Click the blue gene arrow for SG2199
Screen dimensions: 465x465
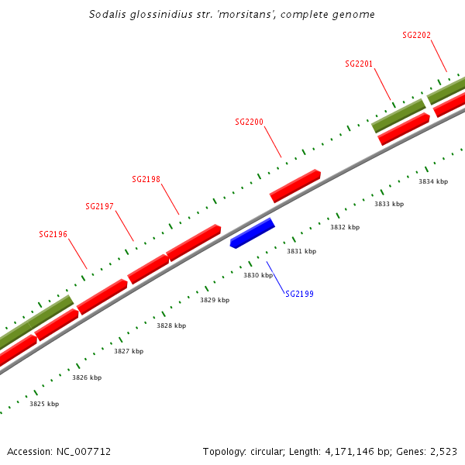point(253,232)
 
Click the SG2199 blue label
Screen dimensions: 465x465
point(299,294)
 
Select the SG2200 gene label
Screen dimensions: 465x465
point(249,122)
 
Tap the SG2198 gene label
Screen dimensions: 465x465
point(146,180)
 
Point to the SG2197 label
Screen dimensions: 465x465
point(99,207)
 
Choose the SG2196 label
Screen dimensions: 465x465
point(53,234)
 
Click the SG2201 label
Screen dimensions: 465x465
point(359,64)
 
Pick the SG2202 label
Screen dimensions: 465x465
point(417,36)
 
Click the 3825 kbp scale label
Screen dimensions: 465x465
point(44,404)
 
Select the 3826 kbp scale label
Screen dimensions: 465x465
point(87,377)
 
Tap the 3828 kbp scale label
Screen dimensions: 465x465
point(171,326)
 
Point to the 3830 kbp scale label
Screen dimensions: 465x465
point(258,275)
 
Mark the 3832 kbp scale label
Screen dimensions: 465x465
point(345,228)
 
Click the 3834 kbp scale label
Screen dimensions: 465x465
point(433,181)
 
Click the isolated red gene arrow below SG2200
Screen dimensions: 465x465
point(295,186)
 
